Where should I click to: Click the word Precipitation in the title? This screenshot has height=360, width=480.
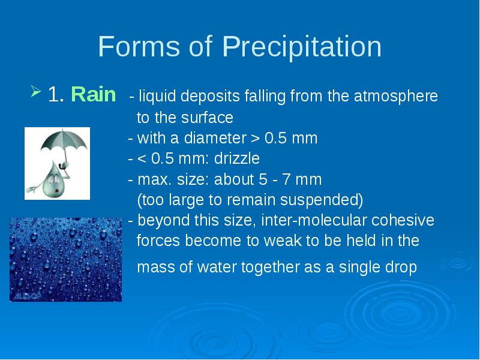coord(302,47)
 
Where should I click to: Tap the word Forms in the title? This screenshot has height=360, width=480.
coord(139,46)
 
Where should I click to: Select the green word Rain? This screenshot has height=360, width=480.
coord(94,94)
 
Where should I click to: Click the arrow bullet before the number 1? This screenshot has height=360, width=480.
coord(36,91)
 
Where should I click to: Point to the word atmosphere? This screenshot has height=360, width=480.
coord(396,96)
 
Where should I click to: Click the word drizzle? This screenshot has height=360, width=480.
coord(236,158)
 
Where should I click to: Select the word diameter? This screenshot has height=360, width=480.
coord(215,138)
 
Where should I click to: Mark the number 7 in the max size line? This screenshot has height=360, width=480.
coord(286,179)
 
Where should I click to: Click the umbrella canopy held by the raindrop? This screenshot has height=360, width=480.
coord(64,140)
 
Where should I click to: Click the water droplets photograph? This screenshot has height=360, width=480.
coord(66,260)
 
